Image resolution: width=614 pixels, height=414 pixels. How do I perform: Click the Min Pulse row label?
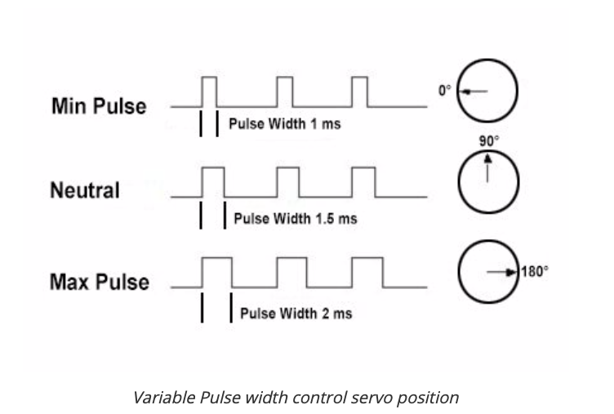point(99,106)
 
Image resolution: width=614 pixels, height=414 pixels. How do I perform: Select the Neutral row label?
point(85,191)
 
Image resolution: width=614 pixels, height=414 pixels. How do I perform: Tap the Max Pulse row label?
point(100,283)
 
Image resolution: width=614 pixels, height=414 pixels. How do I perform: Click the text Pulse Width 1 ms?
point(284,126)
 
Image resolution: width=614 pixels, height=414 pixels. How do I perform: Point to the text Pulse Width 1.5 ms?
point(295,219)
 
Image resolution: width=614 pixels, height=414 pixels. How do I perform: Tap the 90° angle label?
point(488,141)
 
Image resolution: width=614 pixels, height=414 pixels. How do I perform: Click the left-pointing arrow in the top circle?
point(474,91)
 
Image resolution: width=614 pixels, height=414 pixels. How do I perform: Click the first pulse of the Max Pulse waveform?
point(216,272)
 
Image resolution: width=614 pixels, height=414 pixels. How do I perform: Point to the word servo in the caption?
point(380,398)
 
